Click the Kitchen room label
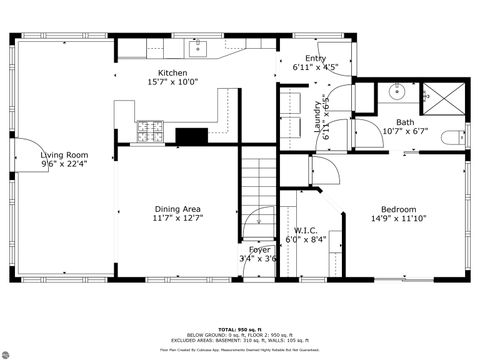tap(173, 72)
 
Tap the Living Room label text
tap(64, 155)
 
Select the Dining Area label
tap(178, 208)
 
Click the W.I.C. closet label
tap(306, 230)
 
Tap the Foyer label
tap(259, 249)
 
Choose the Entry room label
tap(315, 59)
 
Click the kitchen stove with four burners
tap(150, 129)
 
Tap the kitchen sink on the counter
tap(196, 46)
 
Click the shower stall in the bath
tap(441, 95)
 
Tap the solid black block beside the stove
tap(191, 136)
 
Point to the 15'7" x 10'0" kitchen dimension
tap(173, 82)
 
